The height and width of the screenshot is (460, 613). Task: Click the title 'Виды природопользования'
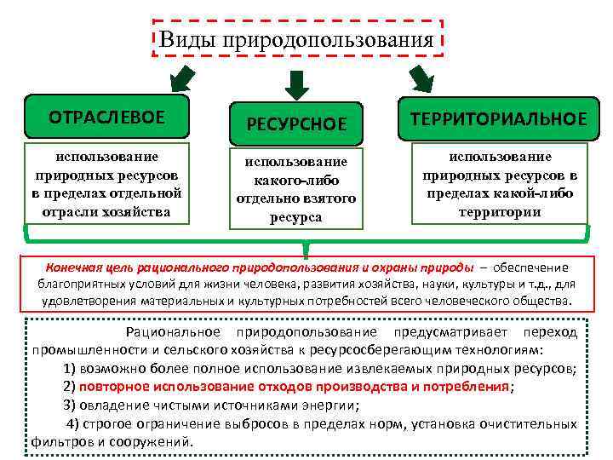(x=297, y=39)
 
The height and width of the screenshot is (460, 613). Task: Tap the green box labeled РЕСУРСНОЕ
(x=296, y=124)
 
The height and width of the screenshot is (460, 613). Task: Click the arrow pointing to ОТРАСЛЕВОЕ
(x=182, y=79)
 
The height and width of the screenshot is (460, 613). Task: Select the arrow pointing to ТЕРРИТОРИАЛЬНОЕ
(x=421, y=78)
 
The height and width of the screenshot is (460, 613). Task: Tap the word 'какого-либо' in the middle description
(x=295, y=180)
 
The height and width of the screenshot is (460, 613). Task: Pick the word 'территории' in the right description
(x=500, y=211)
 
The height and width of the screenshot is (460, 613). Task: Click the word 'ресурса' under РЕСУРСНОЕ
(x=295, y=217)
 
